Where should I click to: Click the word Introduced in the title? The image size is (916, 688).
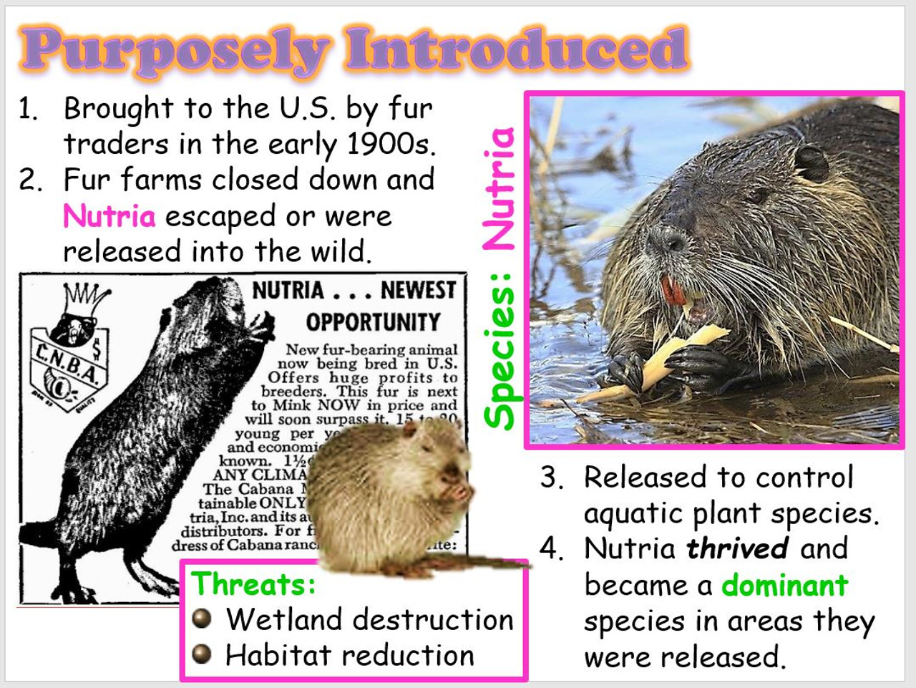[x=517, y=49]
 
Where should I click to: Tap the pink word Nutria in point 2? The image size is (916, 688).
[x=109, y=215]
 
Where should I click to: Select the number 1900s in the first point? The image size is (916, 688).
[x=390, y=144]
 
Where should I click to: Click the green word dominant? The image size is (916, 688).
[x=784, y=585]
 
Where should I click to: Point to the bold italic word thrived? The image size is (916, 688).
[x=738, y=548]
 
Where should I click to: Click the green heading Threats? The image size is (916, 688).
[x=253, y=583]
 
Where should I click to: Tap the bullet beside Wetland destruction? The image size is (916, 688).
[x=203, y=618]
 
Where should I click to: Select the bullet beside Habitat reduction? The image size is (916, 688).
[x=203, y=653]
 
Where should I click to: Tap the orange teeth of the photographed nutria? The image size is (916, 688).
[x=673, y=291]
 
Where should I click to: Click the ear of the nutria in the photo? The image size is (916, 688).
[x=812, y=162]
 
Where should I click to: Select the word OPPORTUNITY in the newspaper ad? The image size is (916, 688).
[x=373, y=322]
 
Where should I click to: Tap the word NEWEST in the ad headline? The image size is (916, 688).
[x=418, y=290]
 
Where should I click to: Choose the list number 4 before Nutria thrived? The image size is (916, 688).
[x=552, y=548]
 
